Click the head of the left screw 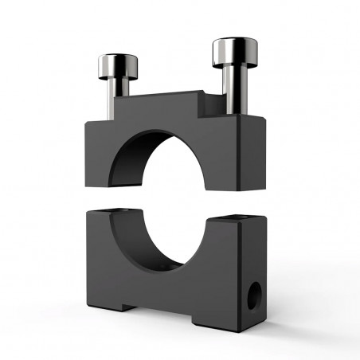click(119, 65)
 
